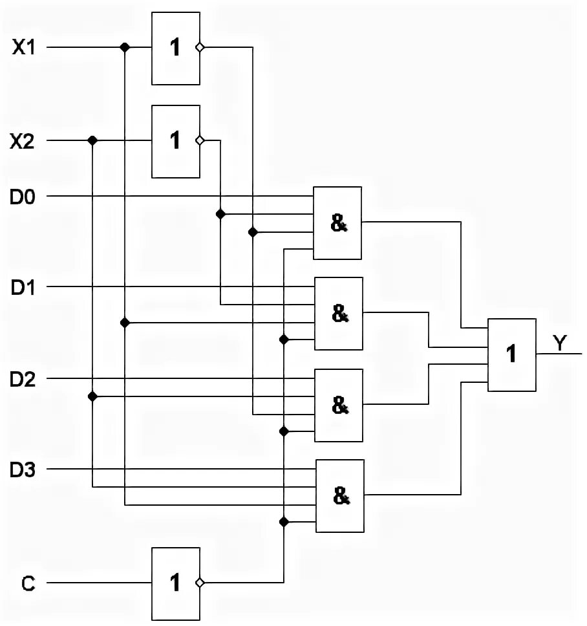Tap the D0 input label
coord(23,196)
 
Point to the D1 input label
coord(23,286)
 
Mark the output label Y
coord(559,343)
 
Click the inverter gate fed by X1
coord(175,49)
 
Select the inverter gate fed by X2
coord(175,141)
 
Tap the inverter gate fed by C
coord(175,583)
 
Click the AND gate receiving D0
coord(337,223)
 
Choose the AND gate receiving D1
coord(338,314)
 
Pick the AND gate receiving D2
coord(338,405)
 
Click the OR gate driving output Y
coord(511,354)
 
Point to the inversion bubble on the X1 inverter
coord(200,48)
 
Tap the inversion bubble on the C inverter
coord(200,583)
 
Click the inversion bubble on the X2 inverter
coord(200,140)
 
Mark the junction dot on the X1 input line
coord(125,48)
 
